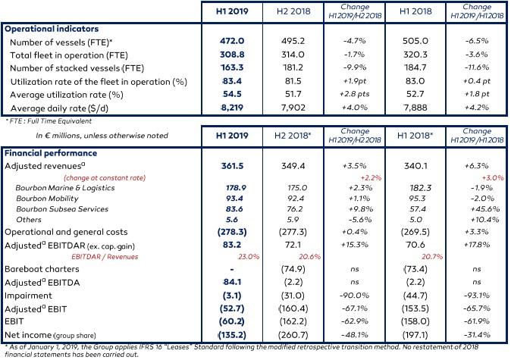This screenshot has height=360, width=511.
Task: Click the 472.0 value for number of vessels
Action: [x=232, y=41]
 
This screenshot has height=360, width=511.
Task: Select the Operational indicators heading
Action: [x=52, y=29]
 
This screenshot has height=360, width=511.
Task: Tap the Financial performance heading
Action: [x=51, y=153]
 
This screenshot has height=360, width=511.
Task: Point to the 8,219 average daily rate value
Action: [x=232, y=108]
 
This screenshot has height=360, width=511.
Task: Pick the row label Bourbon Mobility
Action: [x=47, y=199]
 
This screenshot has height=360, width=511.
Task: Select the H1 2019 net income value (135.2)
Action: [x=232, y=334]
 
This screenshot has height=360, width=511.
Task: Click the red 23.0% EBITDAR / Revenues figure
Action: [x=249, y=257]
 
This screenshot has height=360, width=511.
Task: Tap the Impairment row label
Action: [x=28, y=296]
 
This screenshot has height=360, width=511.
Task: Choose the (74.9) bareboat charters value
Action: [x=293, y=269]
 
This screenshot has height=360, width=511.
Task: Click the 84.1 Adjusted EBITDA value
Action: [x=232, y=282]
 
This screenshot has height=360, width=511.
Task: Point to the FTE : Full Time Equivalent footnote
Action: [x=49, y=121]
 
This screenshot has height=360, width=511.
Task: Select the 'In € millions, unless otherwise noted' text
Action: [x=102, y=136]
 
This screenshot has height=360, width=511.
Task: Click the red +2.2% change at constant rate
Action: [x=371, y=178]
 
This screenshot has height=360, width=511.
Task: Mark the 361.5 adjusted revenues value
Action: [x=232, y=166]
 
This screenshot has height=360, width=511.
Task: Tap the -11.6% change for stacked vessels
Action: [x=477, y=67]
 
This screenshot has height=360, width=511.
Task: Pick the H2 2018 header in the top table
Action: [x=293, y=11]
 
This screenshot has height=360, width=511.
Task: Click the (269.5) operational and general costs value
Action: [x=415, y=232]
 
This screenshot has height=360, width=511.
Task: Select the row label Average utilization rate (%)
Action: [x=67, y=95]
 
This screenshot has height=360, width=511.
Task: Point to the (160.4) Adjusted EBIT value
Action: [x=293, y=308]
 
